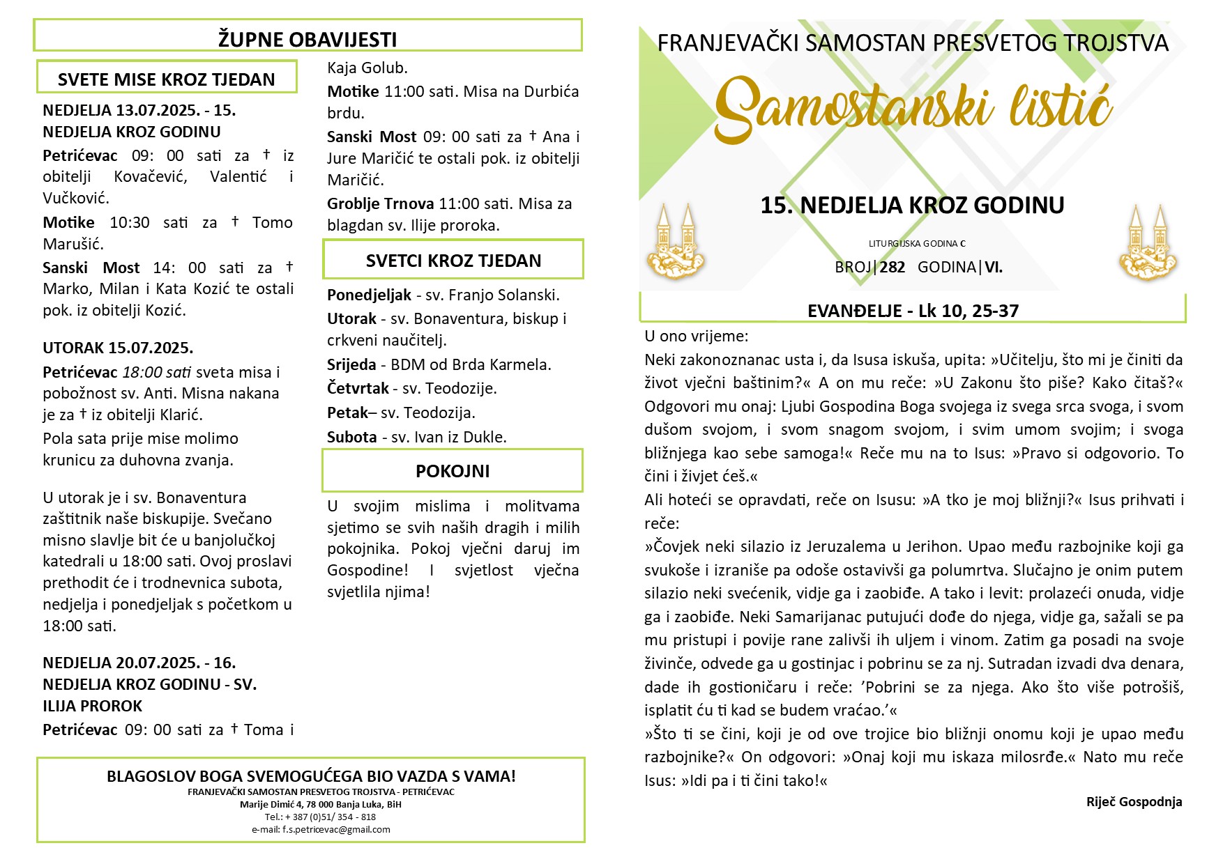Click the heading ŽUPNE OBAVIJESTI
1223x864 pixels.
[x=307, y=39]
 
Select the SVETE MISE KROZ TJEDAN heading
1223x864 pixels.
[x=167, y=79]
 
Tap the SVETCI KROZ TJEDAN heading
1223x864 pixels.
[x=453, y=261]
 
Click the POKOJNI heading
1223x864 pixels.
[x=453, y=471]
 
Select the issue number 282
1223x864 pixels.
[x=892, y=267]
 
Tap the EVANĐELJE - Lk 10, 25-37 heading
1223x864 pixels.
[x=913, y=311]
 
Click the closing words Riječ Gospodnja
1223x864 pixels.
[x=1134, y=802]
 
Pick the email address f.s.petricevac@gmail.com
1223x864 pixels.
[x=336, y=830]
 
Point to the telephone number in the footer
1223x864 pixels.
[x=320, y=817]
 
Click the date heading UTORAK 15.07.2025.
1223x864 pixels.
[x=118, y=348]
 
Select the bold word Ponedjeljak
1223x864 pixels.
[x=369, y=295]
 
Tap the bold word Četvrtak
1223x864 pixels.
[x=358, y=388]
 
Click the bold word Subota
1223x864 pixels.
[x=351, y=437]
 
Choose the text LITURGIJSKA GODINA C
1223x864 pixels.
[x=917, y=244]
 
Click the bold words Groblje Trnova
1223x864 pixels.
[x=380, y=203]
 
